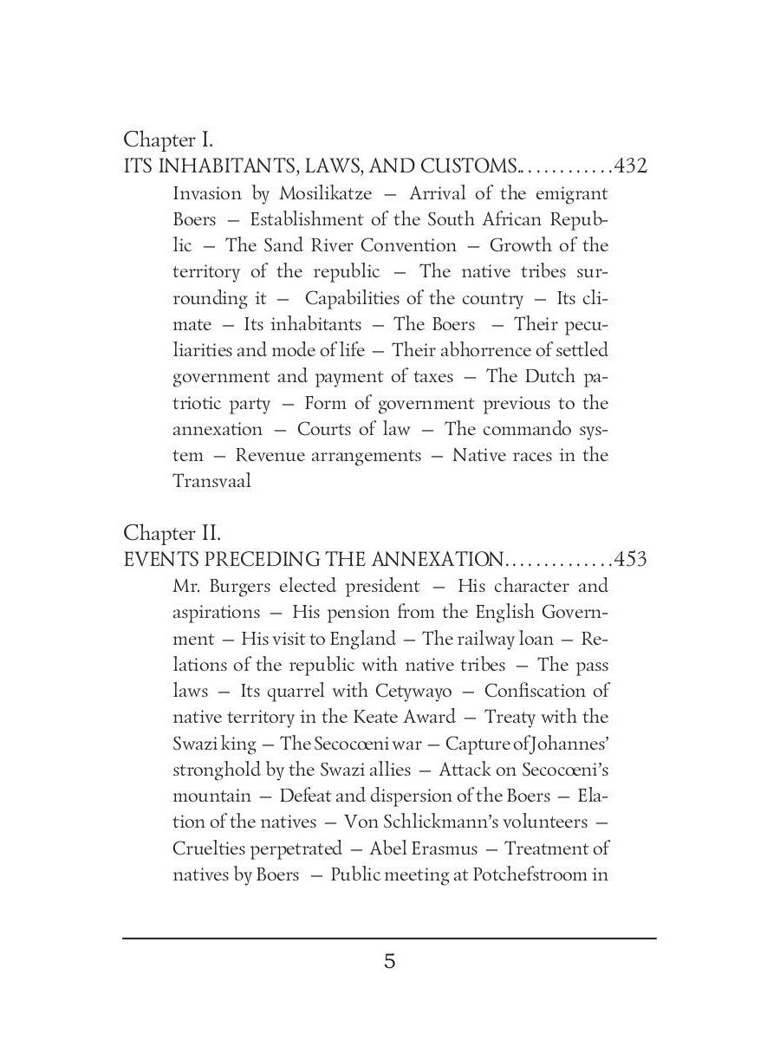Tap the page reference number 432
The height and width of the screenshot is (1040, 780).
pos(630,166)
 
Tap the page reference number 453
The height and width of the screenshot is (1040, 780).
pos(630,559)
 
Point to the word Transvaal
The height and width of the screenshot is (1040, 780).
pos(211,481)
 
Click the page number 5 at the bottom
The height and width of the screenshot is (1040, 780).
pos(390,961)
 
